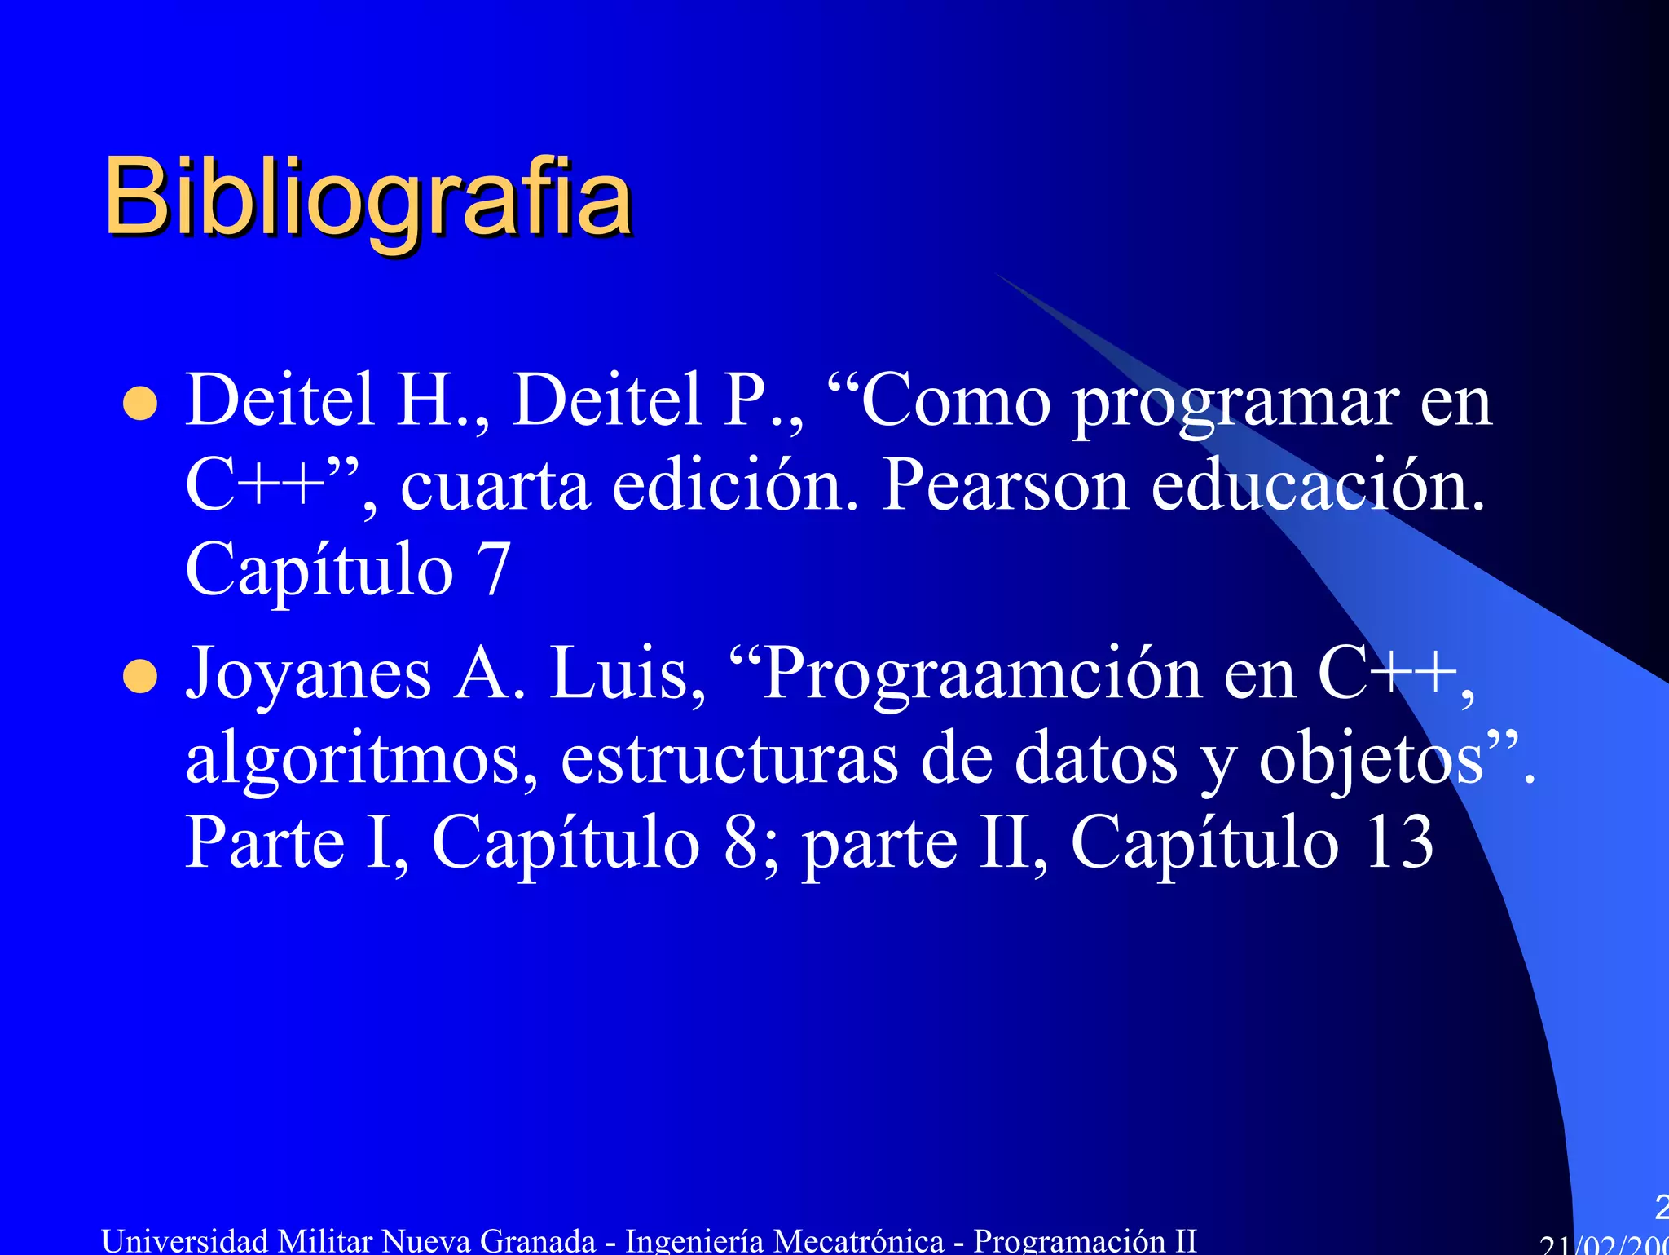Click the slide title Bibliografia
pos(368,198)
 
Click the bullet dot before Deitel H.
pos(140,404)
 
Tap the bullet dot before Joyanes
pos(140,677)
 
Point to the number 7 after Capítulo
pos(493,569)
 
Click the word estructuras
pos(729,758)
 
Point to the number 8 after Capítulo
pos(741,842)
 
